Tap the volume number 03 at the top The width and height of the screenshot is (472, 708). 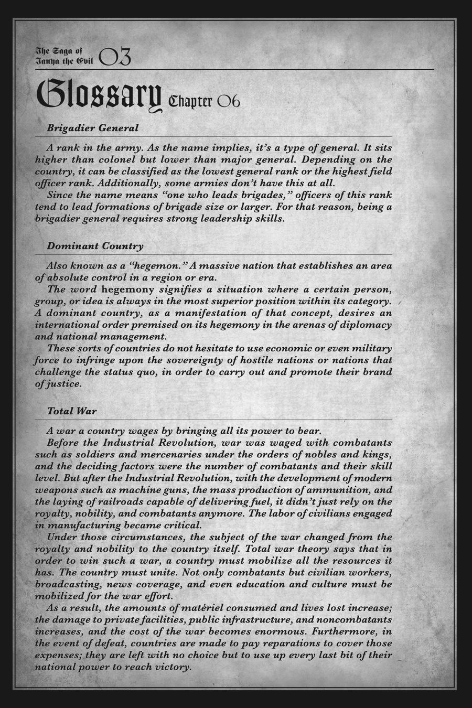pos(114,57)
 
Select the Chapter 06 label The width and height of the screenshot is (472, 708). pos(204,101)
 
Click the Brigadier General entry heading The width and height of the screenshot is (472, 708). pos(93,127)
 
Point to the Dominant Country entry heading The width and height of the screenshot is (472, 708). pos(95,245)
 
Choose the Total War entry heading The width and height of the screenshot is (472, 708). pos(72,411)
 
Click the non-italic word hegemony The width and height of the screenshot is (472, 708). pos(128,289)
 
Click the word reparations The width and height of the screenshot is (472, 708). pos(302,643)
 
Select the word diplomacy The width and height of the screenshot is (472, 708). pos(366,325)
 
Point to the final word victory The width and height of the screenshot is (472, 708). pos(172,667)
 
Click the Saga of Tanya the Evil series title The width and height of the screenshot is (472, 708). pos(64,56)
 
